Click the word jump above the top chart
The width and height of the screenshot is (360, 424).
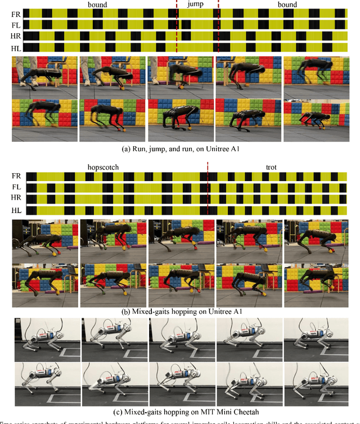coord(197,4)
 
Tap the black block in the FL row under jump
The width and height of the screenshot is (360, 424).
coord(186,25)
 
